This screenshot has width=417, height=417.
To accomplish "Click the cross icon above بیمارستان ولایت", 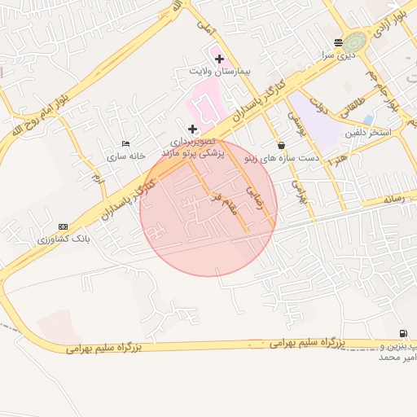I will [x=219, y=59].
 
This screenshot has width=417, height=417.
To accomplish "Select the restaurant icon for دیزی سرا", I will [x=338, y=43].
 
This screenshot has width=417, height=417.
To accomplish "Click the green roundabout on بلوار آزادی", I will [x=354, y=42].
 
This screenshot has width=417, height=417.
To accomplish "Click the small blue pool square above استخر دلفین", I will [x=368, y=120].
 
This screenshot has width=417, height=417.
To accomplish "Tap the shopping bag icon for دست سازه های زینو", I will [x=281, y=145].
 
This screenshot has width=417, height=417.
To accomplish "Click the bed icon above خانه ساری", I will [x=125, y=143].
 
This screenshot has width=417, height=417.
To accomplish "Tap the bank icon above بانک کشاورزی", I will [x=64, y=226].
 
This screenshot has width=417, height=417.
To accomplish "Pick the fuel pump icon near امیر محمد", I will [x=403, y=332].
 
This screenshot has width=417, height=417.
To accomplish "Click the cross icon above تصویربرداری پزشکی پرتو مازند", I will [x=193, y=129].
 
